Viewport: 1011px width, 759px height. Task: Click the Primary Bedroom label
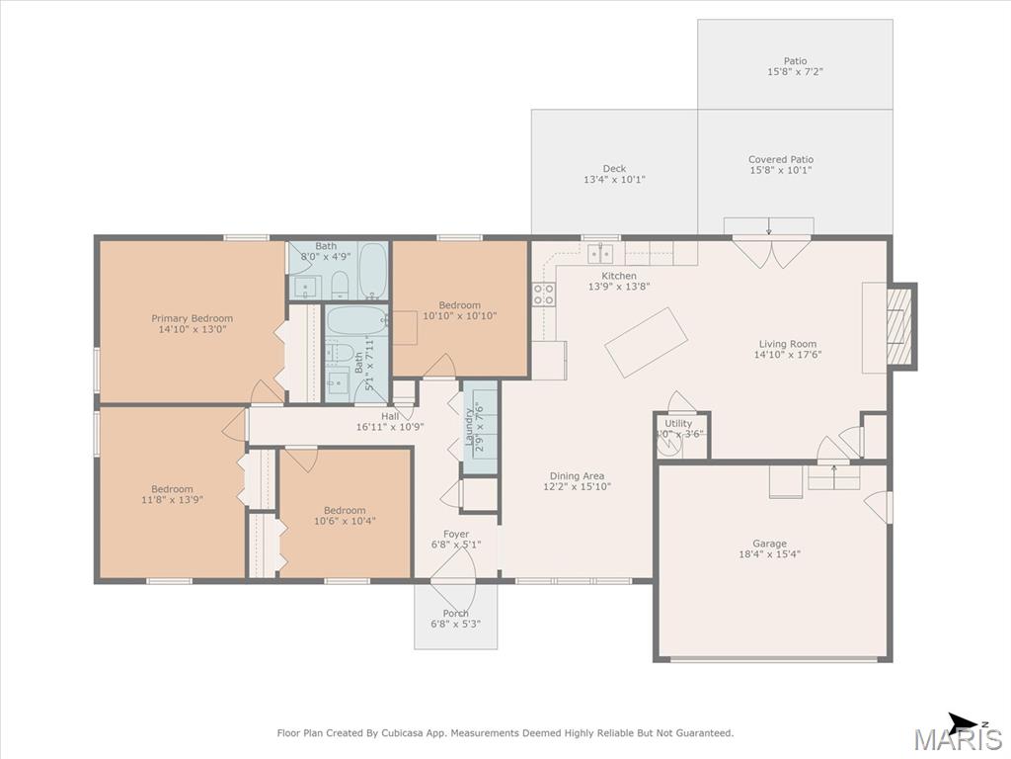click(193, 318)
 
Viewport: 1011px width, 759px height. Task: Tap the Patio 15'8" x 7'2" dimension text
click(795, 72)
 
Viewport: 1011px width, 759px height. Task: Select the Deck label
click(614, 168)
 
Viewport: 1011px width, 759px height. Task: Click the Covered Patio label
click(781, 159)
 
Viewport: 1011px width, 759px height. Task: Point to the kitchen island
click(646, 342)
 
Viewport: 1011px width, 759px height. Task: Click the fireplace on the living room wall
click(899, 327)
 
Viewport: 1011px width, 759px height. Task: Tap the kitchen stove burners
click(544, 294)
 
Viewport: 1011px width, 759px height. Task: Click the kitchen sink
click(600, 254)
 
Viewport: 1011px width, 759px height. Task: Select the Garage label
click(769, 544)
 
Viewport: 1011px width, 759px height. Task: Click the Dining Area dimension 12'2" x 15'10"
click(577, 486)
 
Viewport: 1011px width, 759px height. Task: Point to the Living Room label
click(787, 344)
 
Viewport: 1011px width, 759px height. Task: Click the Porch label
click(456, 613)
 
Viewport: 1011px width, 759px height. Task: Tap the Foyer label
click(456, 534)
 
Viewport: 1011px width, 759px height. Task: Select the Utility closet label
click(678, 423)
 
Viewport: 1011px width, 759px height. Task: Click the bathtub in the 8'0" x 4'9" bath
click(372, 271)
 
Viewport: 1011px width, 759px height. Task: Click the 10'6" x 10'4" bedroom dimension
click(345, 521)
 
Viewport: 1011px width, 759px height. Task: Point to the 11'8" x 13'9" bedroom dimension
click(172, 499)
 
